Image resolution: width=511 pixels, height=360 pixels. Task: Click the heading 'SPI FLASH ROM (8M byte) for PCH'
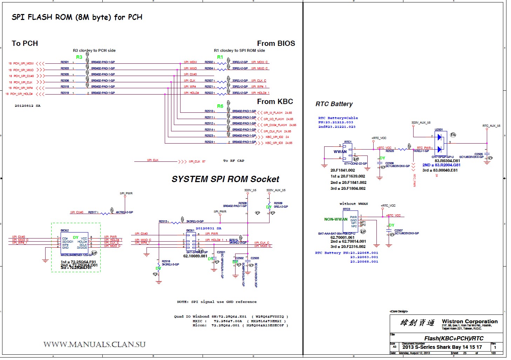77,17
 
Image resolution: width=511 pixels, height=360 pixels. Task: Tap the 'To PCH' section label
25,43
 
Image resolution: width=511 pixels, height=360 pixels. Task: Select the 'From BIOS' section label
276,43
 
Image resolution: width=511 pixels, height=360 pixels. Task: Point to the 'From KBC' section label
275,102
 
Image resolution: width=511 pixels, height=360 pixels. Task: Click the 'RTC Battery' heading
334,104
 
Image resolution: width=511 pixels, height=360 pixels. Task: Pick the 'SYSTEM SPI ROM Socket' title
225,179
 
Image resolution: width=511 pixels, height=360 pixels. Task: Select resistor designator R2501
65,62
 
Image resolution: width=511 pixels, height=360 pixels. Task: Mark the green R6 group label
220,106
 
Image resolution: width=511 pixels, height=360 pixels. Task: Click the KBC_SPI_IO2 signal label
275,137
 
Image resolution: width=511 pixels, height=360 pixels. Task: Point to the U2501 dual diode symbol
441,143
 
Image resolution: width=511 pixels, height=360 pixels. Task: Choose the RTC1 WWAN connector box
348,153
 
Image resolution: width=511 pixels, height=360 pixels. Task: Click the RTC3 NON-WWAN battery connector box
350,221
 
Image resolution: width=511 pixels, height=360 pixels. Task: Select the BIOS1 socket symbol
191,241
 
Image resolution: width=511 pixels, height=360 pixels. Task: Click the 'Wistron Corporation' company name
470,321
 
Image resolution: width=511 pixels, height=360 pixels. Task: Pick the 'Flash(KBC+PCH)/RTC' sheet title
454,338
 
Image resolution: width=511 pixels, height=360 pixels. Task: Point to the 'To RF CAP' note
233,161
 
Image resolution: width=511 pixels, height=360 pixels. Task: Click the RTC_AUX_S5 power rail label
491,126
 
